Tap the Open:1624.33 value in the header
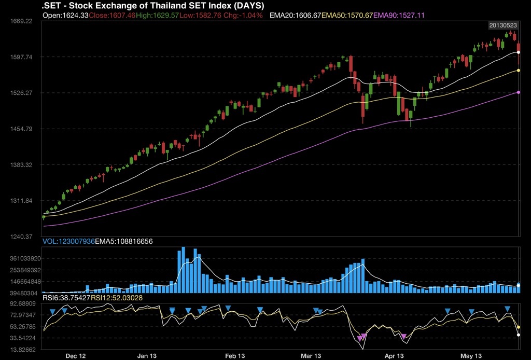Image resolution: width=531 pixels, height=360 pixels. (65, 16)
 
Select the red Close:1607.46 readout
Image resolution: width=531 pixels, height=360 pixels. (112, 16)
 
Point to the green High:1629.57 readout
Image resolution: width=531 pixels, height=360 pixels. (158, 16)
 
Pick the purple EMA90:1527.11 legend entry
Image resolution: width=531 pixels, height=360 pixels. (399, 16)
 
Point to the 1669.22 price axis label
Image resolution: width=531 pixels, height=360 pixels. (21, 21)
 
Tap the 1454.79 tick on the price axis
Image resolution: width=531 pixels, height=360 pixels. (21, 129)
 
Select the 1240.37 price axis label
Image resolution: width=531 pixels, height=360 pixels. (21, 237)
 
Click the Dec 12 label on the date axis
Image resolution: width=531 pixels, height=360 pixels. (76, 356)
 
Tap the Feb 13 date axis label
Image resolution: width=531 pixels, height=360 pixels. (235, 356)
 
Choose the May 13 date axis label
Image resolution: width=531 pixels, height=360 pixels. (471, 356)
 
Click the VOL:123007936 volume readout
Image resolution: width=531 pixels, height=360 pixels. (67, 241)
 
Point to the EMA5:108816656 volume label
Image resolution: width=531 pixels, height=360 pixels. (123, 241)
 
